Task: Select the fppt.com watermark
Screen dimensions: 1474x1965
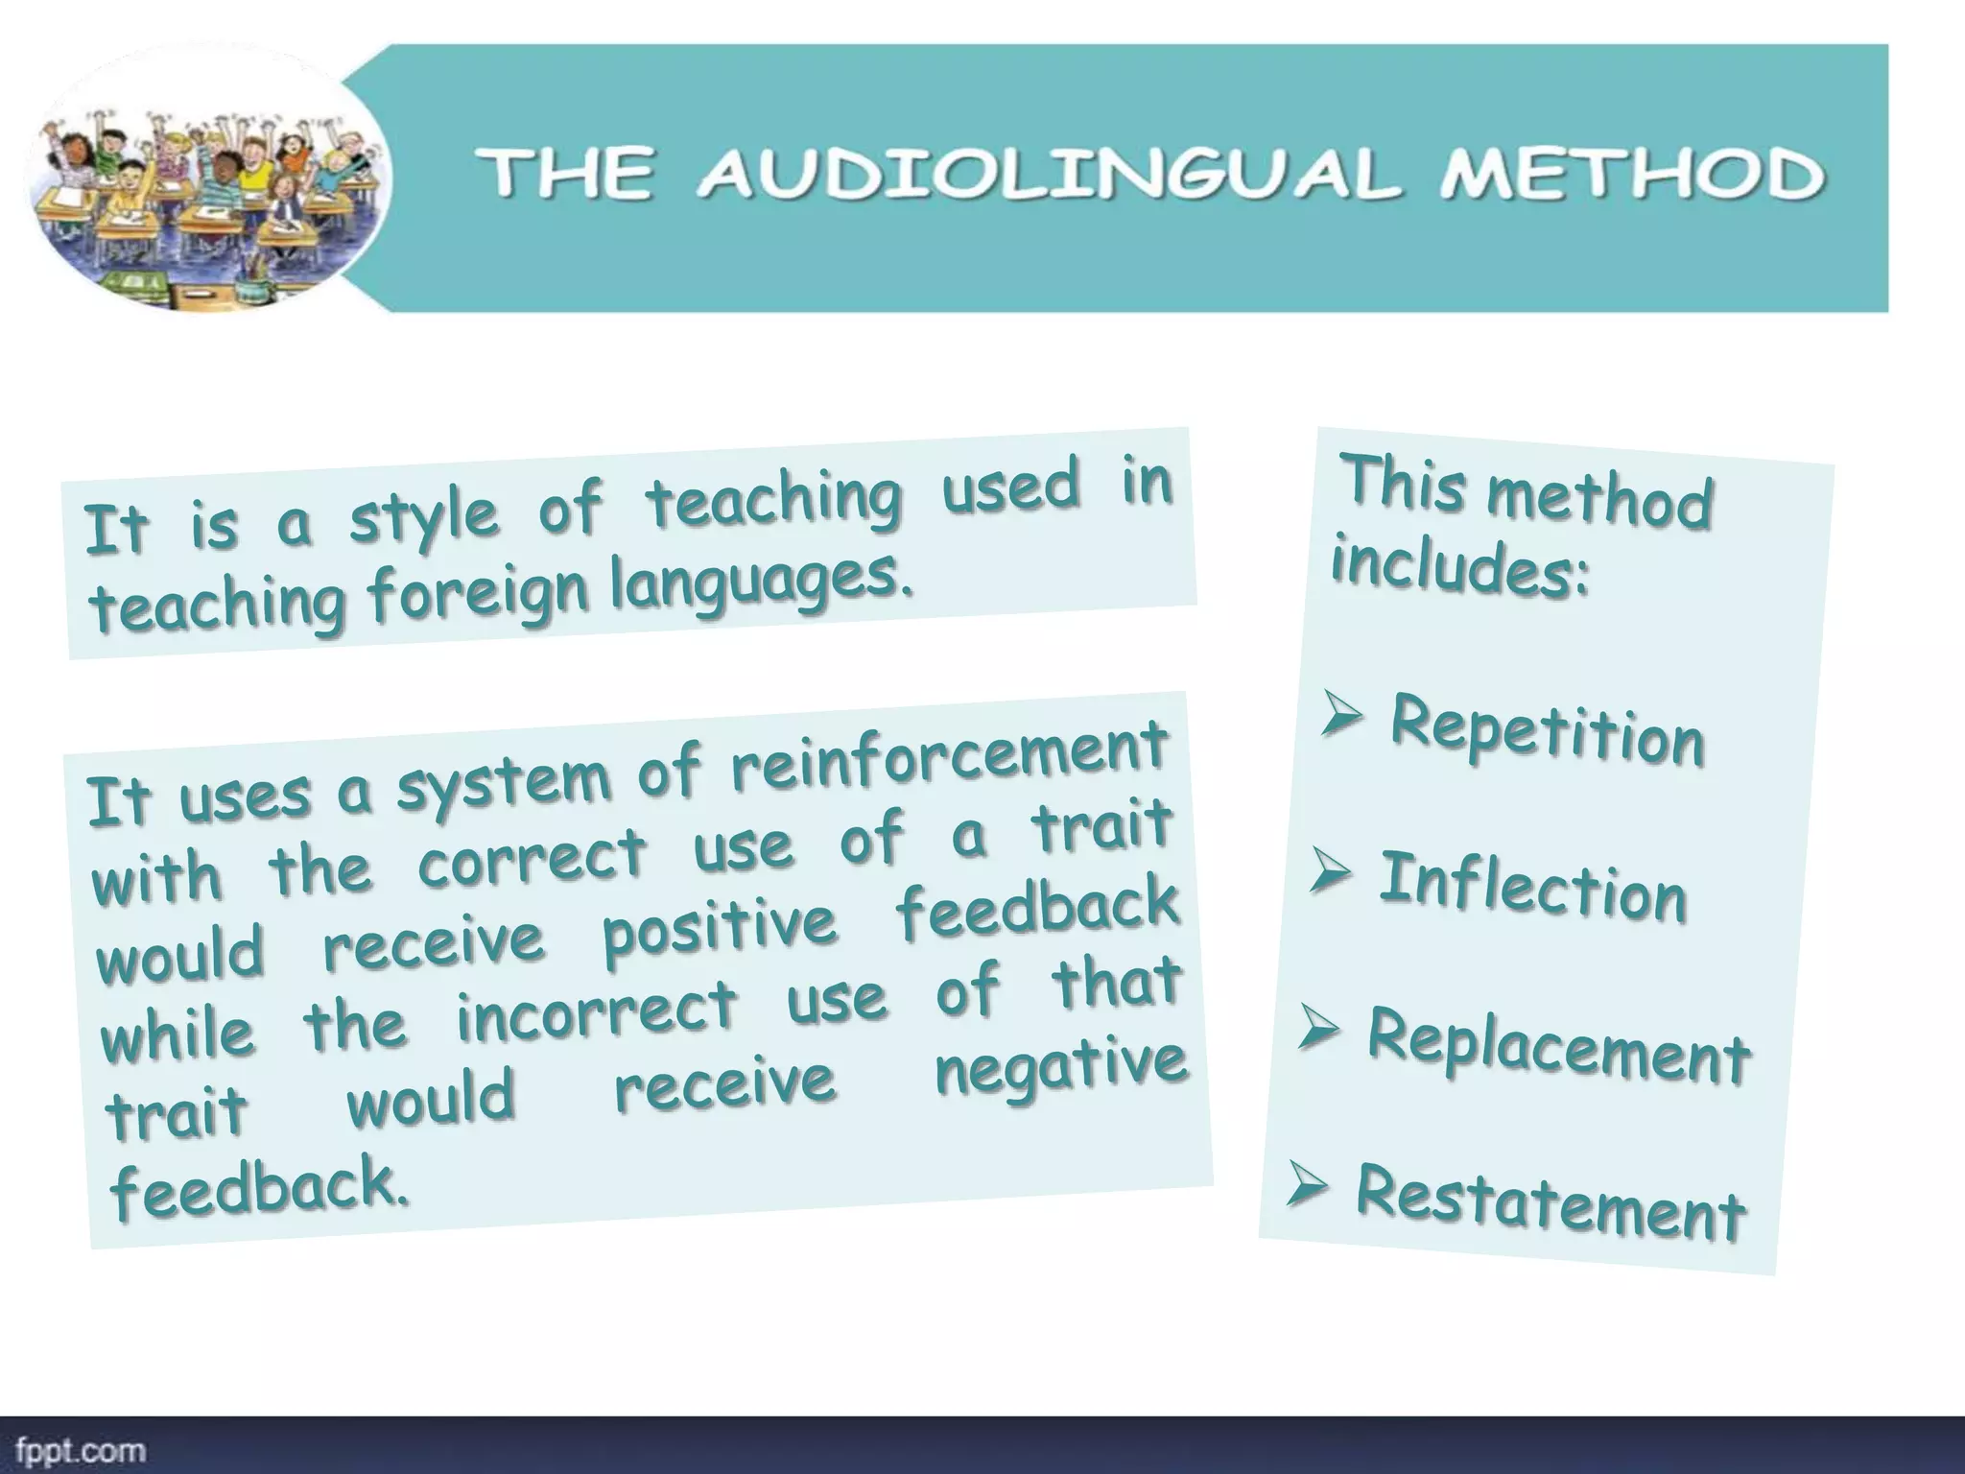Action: (81, 1449)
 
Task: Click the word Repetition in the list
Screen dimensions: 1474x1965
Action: (1547, 732)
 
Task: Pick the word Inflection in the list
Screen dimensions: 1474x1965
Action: (1532, 888)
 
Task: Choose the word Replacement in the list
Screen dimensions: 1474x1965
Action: (1559, 1048)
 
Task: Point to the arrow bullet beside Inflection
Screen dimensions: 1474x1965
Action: (1330, 871)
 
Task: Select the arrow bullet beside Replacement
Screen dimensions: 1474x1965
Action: (1318, 1029)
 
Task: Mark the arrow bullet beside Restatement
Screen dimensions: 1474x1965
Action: (1307, 1185)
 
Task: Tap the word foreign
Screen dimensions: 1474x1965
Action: (478, 591)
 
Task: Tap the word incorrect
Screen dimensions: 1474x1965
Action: (597, 1013)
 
